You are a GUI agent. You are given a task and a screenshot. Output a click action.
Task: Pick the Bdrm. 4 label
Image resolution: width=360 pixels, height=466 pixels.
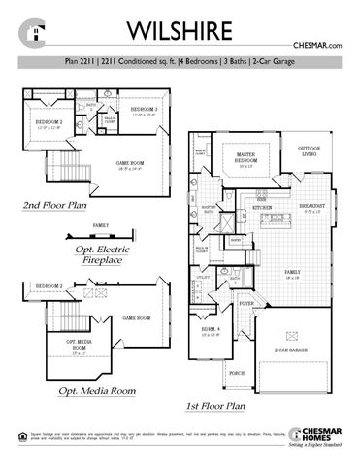click(211, 330)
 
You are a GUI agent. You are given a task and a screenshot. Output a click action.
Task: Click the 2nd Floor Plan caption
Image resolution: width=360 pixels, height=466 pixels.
click(55, 207)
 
